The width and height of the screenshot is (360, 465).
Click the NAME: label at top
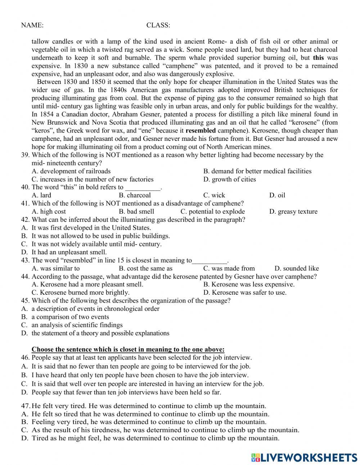[32, 25]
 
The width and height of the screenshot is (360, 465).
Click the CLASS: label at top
[158, 25]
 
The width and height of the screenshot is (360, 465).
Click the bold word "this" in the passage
[318, 58]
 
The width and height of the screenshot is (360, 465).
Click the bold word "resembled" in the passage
[201, 131]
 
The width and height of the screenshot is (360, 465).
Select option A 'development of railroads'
[71, 171]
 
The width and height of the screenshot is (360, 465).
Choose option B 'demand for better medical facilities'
[257, 171]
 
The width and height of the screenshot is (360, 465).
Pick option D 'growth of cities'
[229, 179]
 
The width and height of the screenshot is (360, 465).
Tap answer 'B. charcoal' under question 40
[135, 195]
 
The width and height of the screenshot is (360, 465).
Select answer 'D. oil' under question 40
[277, 195]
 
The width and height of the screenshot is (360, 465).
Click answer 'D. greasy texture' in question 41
[293, 211]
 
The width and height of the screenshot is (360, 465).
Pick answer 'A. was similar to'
[55, 268]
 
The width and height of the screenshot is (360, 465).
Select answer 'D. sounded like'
[296, 268]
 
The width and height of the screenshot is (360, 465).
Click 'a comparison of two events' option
[70, 317]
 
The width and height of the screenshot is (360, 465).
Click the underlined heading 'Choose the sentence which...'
[128, 349]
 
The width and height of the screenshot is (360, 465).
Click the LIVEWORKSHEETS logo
[304, 457]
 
